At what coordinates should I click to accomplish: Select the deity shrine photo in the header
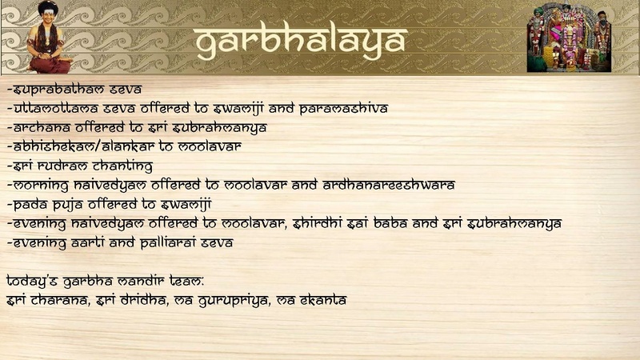[x=569, y=38]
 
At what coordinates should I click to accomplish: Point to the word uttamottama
[x=56, y=108]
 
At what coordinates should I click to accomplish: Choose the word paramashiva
[x=344, y=109]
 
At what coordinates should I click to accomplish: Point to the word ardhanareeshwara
[x=389, y=185]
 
